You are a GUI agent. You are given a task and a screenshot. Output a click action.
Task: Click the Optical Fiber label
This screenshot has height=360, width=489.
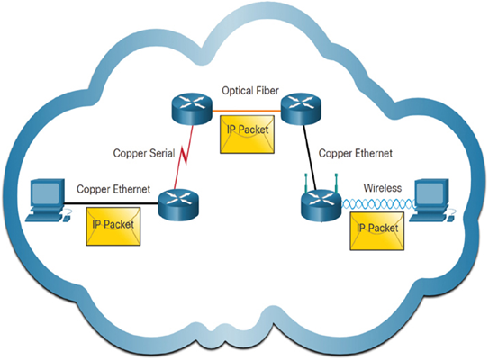pos(250,91)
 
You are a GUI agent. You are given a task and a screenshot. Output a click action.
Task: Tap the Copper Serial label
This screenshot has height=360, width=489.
pos(144,153)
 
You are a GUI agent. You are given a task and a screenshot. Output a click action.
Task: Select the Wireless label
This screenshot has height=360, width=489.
pos(383,188)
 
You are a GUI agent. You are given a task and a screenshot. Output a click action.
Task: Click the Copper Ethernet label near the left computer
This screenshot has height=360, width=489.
pos(113,189)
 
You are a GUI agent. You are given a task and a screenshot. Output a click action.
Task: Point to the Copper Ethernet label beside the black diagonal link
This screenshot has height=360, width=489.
pos(355,153)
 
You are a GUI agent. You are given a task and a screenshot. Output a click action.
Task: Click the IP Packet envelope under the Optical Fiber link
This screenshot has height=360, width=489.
pos(248,134)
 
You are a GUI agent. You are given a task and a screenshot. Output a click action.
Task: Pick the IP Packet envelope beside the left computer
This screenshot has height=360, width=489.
pos(113,226)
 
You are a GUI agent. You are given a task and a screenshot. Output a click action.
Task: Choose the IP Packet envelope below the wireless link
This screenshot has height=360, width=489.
pos(377,231)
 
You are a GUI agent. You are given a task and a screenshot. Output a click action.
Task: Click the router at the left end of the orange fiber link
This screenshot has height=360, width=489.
pos(192,109)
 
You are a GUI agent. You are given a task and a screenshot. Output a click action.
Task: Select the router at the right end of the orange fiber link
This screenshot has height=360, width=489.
pos(301,109)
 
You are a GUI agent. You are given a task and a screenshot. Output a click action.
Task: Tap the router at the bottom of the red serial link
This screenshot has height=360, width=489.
pos(178,205)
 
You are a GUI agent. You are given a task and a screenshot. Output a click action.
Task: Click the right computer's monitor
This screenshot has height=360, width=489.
pos(432,193)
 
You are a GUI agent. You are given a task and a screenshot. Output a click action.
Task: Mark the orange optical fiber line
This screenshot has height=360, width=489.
pos(247,110)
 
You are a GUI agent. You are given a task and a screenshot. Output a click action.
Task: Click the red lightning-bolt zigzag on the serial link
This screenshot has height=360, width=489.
pos(183,155)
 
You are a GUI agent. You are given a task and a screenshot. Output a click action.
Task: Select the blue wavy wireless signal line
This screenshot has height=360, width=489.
pos(378,204)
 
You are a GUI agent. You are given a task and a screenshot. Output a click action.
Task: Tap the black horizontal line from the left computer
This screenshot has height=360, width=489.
pos(111,203)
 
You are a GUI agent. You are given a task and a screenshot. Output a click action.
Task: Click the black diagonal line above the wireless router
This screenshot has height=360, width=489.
pos(310,157)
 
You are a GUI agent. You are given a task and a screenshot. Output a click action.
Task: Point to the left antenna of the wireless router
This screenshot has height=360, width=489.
pos(306,183)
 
